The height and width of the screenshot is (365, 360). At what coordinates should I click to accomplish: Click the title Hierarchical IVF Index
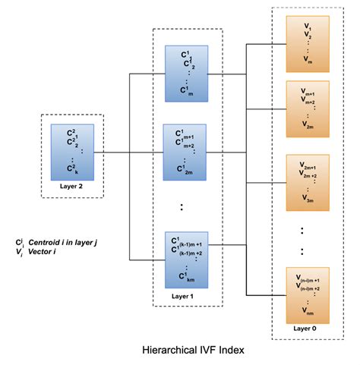(199, 352)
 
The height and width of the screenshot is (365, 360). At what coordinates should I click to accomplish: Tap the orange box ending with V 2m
(307, 108)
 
